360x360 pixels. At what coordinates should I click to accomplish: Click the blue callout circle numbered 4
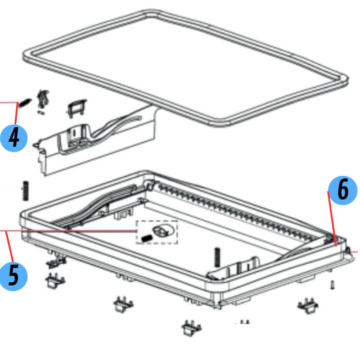14,138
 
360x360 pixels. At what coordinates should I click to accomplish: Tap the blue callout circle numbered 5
13,276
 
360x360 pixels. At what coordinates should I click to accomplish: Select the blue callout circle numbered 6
343,190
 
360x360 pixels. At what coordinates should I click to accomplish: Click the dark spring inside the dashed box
146,238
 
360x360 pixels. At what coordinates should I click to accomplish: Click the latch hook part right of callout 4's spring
43,98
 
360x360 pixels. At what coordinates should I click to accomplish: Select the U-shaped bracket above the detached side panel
76,108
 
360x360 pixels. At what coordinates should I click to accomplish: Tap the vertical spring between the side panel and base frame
26,191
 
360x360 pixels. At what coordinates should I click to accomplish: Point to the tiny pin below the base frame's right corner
333,285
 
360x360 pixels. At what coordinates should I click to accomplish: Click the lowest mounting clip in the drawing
192,328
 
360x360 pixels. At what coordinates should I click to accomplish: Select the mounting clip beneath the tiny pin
308,306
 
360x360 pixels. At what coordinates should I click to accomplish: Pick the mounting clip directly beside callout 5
55,281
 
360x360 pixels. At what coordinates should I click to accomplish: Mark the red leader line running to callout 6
332,219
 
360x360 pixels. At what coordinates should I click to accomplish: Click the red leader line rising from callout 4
16,113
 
